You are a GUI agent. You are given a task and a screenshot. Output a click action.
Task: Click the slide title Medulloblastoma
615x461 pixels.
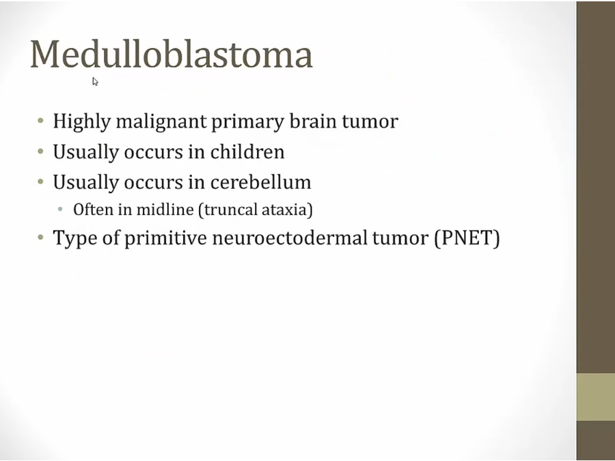[x=172, y=54]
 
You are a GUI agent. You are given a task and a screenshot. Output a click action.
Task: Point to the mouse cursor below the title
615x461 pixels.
[x=95, y=81]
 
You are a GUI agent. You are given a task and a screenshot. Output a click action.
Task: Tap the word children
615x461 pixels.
[x=247, y=152]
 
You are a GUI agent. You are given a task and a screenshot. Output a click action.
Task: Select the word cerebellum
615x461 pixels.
[x=260, y=182]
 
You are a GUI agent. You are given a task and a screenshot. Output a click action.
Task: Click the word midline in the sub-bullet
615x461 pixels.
[x=165, y=210]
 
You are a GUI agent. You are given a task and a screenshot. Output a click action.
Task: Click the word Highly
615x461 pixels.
[x=82, y=122]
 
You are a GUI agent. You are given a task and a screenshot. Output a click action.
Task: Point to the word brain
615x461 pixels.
[x=314, y=121]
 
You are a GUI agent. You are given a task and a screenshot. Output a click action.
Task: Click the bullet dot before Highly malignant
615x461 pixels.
[x=41, y=120]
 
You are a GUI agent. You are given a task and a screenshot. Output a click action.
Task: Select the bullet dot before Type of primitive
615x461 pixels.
[x=41, y=237]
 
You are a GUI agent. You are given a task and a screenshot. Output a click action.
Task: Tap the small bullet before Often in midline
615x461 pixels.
[x=60, y=209]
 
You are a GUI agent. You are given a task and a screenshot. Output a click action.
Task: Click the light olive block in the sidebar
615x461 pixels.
[x=595, y=397]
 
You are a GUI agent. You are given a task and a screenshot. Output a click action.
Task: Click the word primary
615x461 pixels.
[x=247, y=122]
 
